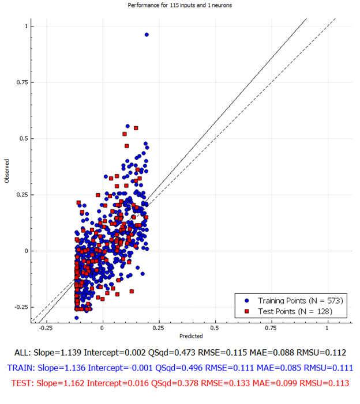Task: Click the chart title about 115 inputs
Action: [x=180, y=5]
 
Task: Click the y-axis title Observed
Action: [x=7, y=171]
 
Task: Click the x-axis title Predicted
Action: [x=191, y=336]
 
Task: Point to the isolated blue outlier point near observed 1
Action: [x=147, y=35]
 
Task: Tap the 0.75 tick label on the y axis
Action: [x=22, y=82]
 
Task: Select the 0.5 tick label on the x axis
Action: [x=214, y=328]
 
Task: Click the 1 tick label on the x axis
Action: [x=327, y=328]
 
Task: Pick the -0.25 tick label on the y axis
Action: [x=21, y=307]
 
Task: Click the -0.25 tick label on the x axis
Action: [x=46, y=328]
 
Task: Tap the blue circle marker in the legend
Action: [x=247, y=301]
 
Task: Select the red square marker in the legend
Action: [x=247, y=312]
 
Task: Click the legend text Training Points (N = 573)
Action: [x=301, y=301]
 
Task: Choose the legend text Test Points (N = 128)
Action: [x=295, y=312]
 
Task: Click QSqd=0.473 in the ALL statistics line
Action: [x=171, y=353]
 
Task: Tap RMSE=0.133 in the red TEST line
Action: [x=226, y=383]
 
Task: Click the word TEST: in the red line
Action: [x=22, y=383]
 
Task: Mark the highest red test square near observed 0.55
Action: [x=136, y=128]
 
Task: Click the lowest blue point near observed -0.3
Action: [x=77, y=318]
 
